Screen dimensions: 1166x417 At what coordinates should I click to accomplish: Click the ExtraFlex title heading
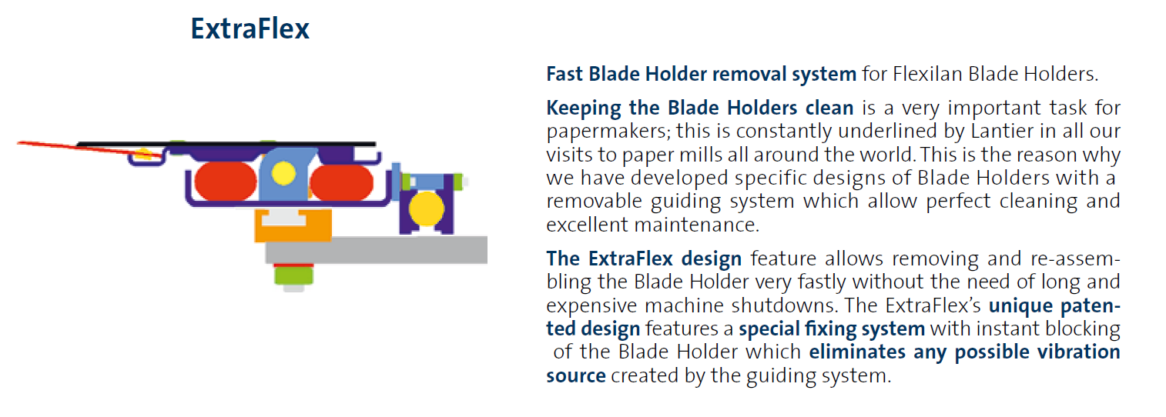pos(250,28)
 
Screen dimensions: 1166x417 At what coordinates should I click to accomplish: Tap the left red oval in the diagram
pos(226,182)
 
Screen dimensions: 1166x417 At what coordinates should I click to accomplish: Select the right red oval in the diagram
pos(341,182)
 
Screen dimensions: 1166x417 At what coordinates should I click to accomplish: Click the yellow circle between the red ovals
pos(283,174)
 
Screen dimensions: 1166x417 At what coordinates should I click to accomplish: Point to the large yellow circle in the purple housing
pos(427,208)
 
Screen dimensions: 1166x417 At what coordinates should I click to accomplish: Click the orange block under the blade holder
pos(293,225)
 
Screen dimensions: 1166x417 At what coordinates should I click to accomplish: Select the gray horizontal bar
pos(377,250)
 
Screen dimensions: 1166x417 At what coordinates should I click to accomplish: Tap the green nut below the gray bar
pos(293,275)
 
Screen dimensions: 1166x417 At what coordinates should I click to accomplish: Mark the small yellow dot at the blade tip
pos(143,154)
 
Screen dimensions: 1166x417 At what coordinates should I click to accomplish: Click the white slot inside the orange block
pos(283,218)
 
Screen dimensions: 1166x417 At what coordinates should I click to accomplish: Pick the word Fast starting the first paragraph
pos(565,75)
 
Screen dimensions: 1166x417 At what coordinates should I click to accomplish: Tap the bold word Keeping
pos(584,109)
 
